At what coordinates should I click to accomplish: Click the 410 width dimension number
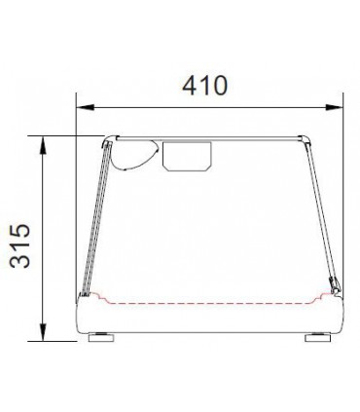pyautogui.click(x=205, y=86)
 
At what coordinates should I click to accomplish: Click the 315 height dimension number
pyautogui.click(x=19, y=245)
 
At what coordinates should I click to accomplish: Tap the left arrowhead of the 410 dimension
pyautogui.click(x=85, y=107)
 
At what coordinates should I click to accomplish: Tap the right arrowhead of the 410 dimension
pyautogui.click(x=334, y=107)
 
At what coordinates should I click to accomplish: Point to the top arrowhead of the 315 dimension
pyautogui.click(x=43, y=145)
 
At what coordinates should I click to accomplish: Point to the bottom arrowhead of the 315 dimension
pyautogui.click(x=43, y=332)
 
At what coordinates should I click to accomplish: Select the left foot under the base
pyautogui.click(x=101, y=337)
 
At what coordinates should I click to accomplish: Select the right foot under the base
pyautogui.click(x=318, y=337)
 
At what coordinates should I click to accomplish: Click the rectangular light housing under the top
pyautogui.click(x=187, y=156)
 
